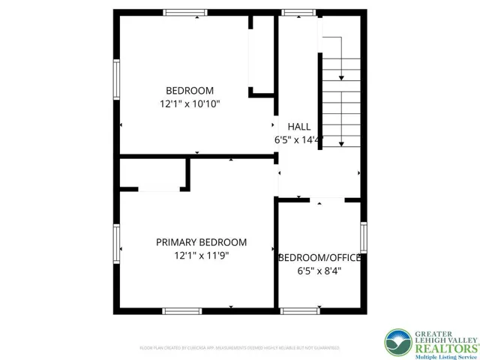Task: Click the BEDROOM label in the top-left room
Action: coord(190,91)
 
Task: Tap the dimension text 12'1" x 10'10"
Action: coord(190,104)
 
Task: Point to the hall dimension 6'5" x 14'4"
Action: coord(298,140)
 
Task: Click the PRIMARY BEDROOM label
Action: coord(201,242)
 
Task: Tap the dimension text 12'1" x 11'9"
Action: coord(201,256)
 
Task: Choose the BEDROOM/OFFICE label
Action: coord(319,258)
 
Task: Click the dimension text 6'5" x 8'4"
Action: coord(319,271)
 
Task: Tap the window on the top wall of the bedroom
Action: coord(185,13)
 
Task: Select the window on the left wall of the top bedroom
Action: coord(116,78)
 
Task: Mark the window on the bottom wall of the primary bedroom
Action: coord(181,310)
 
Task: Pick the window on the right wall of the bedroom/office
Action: coord(364,236)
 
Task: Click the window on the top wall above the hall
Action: coord(298,13)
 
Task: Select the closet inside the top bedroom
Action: coord(262,56)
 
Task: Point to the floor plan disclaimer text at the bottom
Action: coord(239,348)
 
